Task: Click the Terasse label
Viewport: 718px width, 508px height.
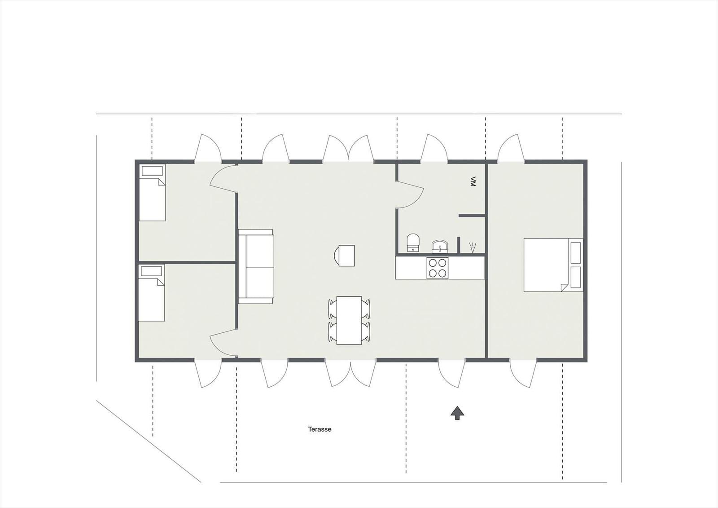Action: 320,429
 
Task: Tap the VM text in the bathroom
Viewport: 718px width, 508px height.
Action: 472,181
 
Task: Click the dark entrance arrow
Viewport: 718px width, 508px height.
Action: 457,413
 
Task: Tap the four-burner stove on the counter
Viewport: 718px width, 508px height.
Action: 438,268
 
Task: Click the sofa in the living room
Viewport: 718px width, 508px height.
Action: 256,266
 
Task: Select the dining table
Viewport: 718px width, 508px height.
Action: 349,320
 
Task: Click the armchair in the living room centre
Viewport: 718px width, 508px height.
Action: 344,256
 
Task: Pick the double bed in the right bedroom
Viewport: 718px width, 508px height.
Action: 553,265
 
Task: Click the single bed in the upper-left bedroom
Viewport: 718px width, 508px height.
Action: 152,193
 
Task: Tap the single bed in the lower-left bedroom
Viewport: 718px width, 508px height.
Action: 151,293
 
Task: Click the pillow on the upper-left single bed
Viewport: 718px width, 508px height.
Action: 152,171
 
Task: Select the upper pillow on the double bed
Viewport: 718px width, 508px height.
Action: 576,253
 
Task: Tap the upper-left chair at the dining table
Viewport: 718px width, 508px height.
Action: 333,309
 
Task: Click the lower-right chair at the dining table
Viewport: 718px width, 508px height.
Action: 366,331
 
